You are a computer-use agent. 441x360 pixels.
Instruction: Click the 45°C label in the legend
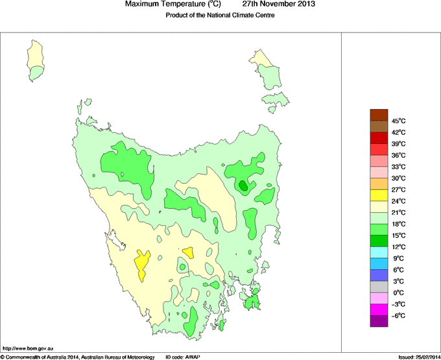click(398, 121)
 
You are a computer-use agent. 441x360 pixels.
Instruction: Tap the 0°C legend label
click(398, 293)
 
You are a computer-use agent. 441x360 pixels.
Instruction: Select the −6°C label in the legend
click(398, 315)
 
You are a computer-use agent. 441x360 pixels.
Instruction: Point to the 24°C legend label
click(398, 201)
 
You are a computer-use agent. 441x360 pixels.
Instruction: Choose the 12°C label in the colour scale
click(398, 246)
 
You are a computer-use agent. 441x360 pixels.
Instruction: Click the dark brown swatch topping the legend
click(379, 115)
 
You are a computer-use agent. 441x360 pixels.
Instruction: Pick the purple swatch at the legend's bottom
click(379, 320)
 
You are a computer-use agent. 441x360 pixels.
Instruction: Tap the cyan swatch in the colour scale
click(379, 252)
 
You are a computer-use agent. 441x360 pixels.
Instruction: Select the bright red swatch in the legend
click(379, 138)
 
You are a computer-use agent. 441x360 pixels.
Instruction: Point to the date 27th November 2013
click(283, 5)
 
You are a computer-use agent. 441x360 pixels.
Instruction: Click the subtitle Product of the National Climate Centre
click(220, 15)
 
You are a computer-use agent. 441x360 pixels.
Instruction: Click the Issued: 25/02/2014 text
click(418, 357)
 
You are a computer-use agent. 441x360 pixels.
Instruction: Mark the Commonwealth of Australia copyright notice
click(78, 357)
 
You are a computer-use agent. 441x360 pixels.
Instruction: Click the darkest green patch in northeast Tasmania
click(243, 186)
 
